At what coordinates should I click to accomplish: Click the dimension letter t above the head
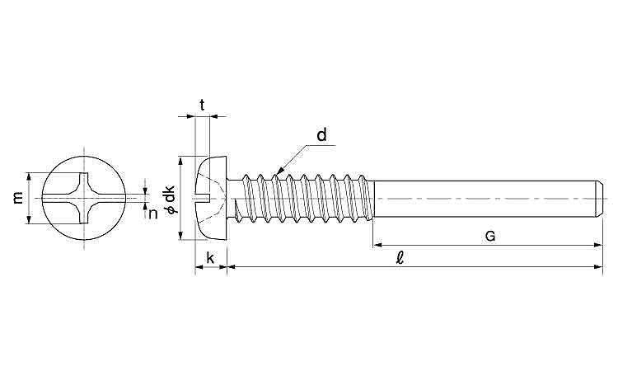point(202,105)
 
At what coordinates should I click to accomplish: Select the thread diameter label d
point(322,134)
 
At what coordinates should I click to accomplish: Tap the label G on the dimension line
point(489,236)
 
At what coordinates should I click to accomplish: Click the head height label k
point(210,258)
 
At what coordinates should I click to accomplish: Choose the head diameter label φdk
point(170,200)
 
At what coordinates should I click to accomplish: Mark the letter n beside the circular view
point(152,213)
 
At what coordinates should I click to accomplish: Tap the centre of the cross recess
point(85,198)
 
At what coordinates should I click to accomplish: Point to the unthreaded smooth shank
point(486,199)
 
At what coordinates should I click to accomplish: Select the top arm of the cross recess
point(85,180)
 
